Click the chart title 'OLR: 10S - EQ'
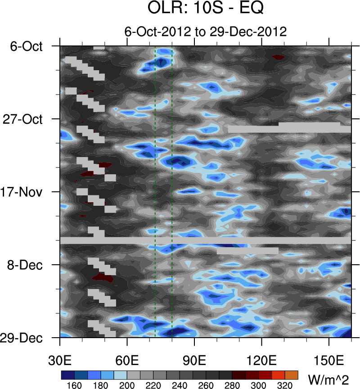point(205,9)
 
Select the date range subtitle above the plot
point(205,32)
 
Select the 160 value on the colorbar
point(73,385)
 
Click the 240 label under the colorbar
point(179,385)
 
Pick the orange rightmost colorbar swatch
point(291,375)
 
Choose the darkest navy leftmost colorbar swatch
point(67,375)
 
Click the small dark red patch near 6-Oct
point(278,57)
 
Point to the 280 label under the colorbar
point(232,385)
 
